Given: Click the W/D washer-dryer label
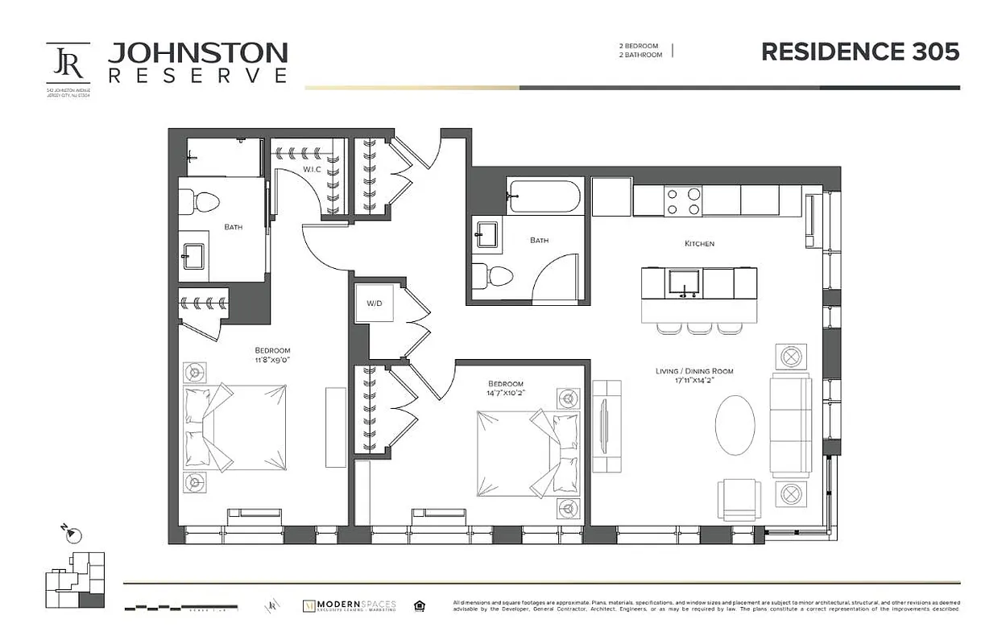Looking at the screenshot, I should click(375, 303).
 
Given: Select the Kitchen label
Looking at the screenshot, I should click(699, 243).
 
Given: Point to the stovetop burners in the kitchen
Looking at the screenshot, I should click(683, 200).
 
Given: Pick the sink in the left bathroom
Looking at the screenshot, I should click(193, 258).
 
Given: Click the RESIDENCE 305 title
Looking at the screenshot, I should click(860, 52).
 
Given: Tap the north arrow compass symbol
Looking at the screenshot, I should click(72, 534).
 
